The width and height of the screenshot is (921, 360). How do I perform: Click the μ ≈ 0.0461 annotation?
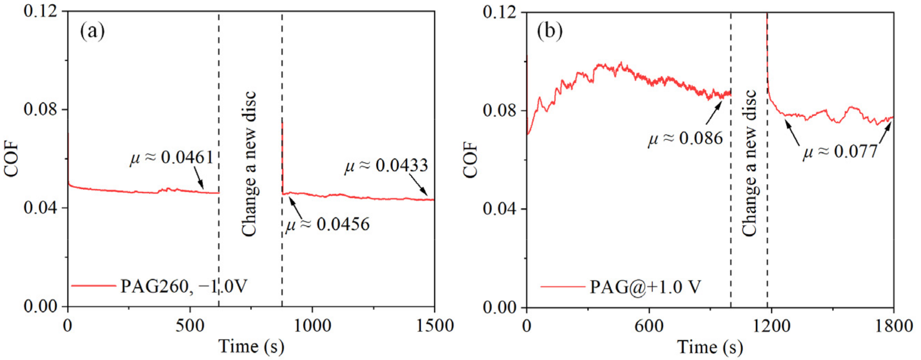tap(171, 157)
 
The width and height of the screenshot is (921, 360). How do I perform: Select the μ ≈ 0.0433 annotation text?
tap(386, 166)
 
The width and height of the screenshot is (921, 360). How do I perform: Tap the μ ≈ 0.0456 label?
tap(327, 224)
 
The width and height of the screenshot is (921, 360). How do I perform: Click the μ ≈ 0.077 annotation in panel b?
tap(840, 151)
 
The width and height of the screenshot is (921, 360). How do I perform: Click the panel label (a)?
tap(92, 31)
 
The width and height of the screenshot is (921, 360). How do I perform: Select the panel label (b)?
tap(550, 31)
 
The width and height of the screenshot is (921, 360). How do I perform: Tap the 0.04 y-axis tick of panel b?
tap(499, 209)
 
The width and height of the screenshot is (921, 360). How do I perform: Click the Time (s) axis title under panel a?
tap(251, 346)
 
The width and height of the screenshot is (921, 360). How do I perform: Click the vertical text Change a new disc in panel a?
tap(249, 164)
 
